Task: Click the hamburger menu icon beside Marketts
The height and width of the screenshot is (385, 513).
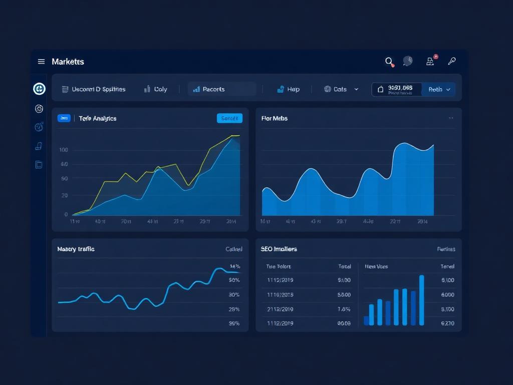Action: (x=41, y=62)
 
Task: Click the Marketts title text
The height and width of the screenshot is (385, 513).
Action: (x=68, y=62)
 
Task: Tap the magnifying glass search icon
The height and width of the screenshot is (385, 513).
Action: (x=389, y=61)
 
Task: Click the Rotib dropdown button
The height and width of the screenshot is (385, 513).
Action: (x=439, y=89)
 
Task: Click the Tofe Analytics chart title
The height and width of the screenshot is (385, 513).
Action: (x=98, y=118)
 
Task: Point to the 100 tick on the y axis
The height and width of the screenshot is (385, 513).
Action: (x=63, y=150)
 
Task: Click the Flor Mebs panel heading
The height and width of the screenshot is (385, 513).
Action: (x=275, y=118)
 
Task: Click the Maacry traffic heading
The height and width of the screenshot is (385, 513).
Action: (x=76, y=249)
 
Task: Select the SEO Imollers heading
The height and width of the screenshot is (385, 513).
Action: (x=279, y=249)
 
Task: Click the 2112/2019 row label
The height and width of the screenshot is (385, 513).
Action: (x=280, y=309)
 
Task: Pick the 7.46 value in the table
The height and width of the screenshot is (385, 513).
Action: (x=344, y=309)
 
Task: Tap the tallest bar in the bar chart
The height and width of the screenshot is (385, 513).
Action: (x=421, y=300)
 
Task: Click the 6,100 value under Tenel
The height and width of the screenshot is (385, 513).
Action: (x=447, y=280)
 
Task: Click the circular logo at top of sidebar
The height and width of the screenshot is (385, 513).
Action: (x=39, y=89)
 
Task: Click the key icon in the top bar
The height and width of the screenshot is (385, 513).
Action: (x=451, y=61)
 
